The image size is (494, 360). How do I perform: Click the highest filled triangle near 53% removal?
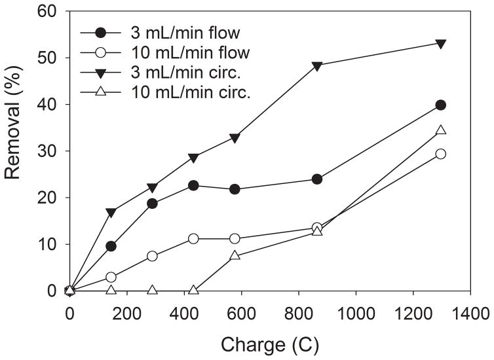[440, 44]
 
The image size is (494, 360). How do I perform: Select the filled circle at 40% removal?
[440, 105]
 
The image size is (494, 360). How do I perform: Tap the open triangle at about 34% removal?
[440, 130]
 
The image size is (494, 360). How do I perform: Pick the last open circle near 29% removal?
[440, 154]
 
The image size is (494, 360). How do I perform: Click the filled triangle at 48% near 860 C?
[317, 66]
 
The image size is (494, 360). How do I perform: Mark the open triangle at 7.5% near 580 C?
[235, 255]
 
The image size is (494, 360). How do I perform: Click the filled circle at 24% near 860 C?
[317, 179]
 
